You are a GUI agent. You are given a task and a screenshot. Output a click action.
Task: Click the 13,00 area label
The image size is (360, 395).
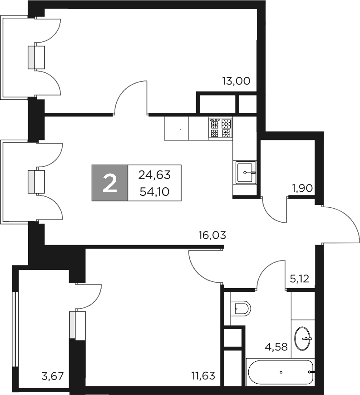pyautogui.click(x=236, y=81)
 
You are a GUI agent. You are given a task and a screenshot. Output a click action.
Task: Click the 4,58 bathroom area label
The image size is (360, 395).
pyautogui.click(x=276, y=348)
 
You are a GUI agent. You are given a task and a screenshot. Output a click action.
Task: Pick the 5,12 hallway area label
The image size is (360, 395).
pyautogui.click(x=299, y=278)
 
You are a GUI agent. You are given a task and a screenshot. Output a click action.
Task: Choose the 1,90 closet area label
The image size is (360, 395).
pyautogui.click(x=302, y=188)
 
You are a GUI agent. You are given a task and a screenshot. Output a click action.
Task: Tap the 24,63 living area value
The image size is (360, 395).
pyautogui.click(x=154, y=174)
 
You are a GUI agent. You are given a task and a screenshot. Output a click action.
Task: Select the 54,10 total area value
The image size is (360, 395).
pyautogui.click(x=154, y=191)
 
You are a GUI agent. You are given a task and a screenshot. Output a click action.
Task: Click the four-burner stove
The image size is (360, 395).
pyautogui.click(x=221, y=128)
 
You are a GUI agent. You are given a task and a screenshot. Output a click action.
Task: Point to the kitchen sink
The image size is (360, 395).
pyautogui.click(x=246, y=172)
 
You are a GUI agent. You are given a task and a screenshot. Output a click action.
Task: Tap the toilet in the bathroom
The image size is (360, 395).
pyautogui.click(x=241, y=309)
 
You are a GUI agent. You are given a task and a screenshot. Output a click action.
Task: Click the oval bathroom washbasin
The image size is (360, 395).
pyautogui.click(x=303, y=338)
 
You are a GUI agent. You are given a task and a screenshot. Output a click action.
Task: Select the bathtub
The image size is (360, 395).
pyautogui.click(x=281, y=372)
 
